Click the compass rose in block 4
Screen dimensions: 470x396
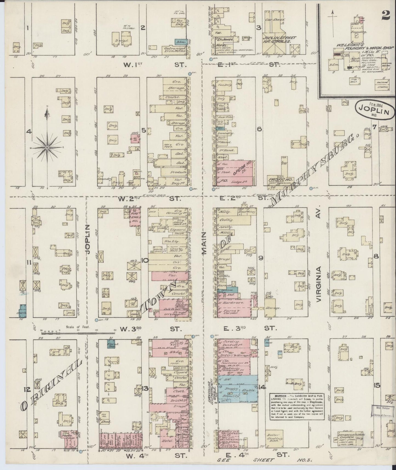pyautogui.click(x=47, y=148)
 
